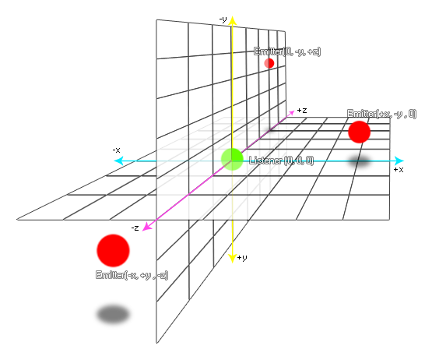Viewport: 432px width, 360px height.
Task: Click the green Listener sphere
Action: click(232, 159)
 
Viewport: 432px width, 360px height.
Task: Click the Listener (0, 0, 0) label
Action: click(281, 161)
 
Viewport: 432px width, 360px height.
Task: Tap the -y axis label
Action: click(223, 19)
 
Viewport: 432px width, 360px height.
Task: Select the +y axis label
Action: click(242, 258)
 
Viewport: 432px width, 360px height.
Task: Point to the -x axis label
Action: click(116, 150)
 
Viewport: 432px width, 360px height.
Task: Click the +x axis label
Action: click(399, 170)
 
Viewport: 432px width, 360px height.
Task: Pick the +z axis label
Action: click(302, 111)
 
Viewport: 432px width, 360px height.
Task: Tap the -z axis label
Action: click(135, 228)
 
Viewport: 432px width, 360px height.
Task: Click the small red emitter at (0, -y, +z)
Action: click(269, 63)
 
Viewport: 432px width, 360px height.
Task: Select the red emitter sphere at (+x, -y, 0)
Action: click(360, 132)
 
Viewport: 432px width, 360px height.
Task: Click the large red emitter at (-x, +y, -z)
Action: click(113, 250)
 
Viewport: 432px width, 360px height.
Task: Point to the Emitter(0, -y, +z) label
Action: click(287, 51)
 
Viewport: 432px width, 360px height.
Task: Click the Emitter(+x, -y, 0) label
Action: click(382, 114)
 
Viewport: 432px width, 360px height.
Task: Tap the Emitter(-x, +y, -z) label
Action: click(132, 275)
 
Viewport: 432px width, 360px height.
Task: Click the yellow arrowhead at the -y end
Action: click(232, 20)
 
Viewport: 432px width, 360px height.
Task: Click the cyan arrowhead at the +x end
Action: click(399, 161)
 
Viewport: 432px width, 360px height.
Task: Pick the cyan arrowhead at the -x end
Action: click(119, 161)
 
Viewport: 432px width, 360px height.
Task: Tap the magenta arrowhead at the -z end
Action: click(146, 226)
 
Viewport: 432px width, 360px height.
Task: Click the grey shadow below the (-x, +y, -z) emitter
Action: click(113, 314)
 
